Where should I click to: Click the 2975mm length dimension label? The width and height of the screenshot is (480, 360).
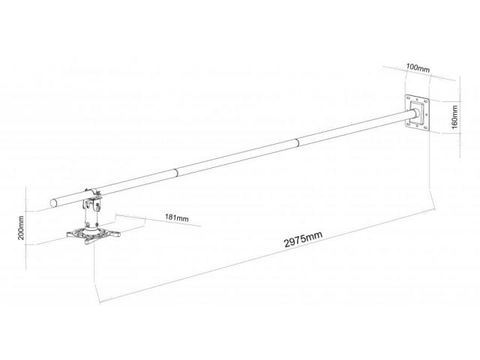pos(303,238)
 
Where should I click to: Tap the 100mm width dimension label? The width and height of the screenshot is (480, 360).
pos(418,68)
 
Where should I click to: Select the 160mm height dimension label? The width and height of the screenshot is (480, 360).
pos(454,117)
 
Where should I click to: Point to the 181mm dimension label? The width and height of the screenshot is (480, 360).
pos(177,217)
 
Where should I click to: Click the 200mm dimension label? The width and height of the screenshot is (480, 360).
pos(21,227)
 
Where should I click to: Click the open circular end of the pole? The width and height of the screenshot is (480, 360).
pos(53,203)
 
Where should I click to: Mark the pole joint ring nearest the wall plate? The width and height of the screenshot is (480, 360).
pos(297,142)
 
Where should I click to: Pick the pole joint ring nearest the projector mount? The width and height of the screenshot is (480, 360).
pos(176,172)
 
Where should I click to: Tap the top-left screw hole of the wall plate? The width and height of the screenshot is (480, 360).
pos(408,97)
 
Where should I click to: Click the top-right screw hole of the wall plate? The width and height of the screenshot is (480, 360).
pos(427,100)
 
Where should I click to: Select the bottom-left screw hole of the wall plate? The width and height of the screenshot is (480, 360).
pos(408,123)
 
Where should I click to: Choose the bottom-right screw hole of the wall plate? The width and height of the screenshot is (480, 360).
pos(427,127)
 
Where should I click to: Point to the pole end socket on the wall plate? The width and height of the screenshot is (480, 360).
pos(416,113)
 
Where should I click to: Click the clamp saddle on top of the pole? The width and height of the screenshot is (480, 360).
pos(92,191)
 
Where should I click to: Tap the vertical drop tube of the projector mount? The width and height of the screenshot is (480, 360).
pos(91,216)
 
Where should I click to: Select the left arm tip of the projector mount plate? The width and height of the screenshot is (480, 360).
pos(70,235)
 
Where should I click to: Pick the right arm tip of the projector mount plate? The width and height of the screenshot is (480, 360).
pos(117,235)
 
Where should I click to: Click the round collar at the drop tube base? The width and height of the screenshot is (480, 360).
pos(91,227)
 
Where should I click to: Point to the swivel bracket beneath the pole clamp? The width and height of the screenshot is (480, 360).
pos(93,204)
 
